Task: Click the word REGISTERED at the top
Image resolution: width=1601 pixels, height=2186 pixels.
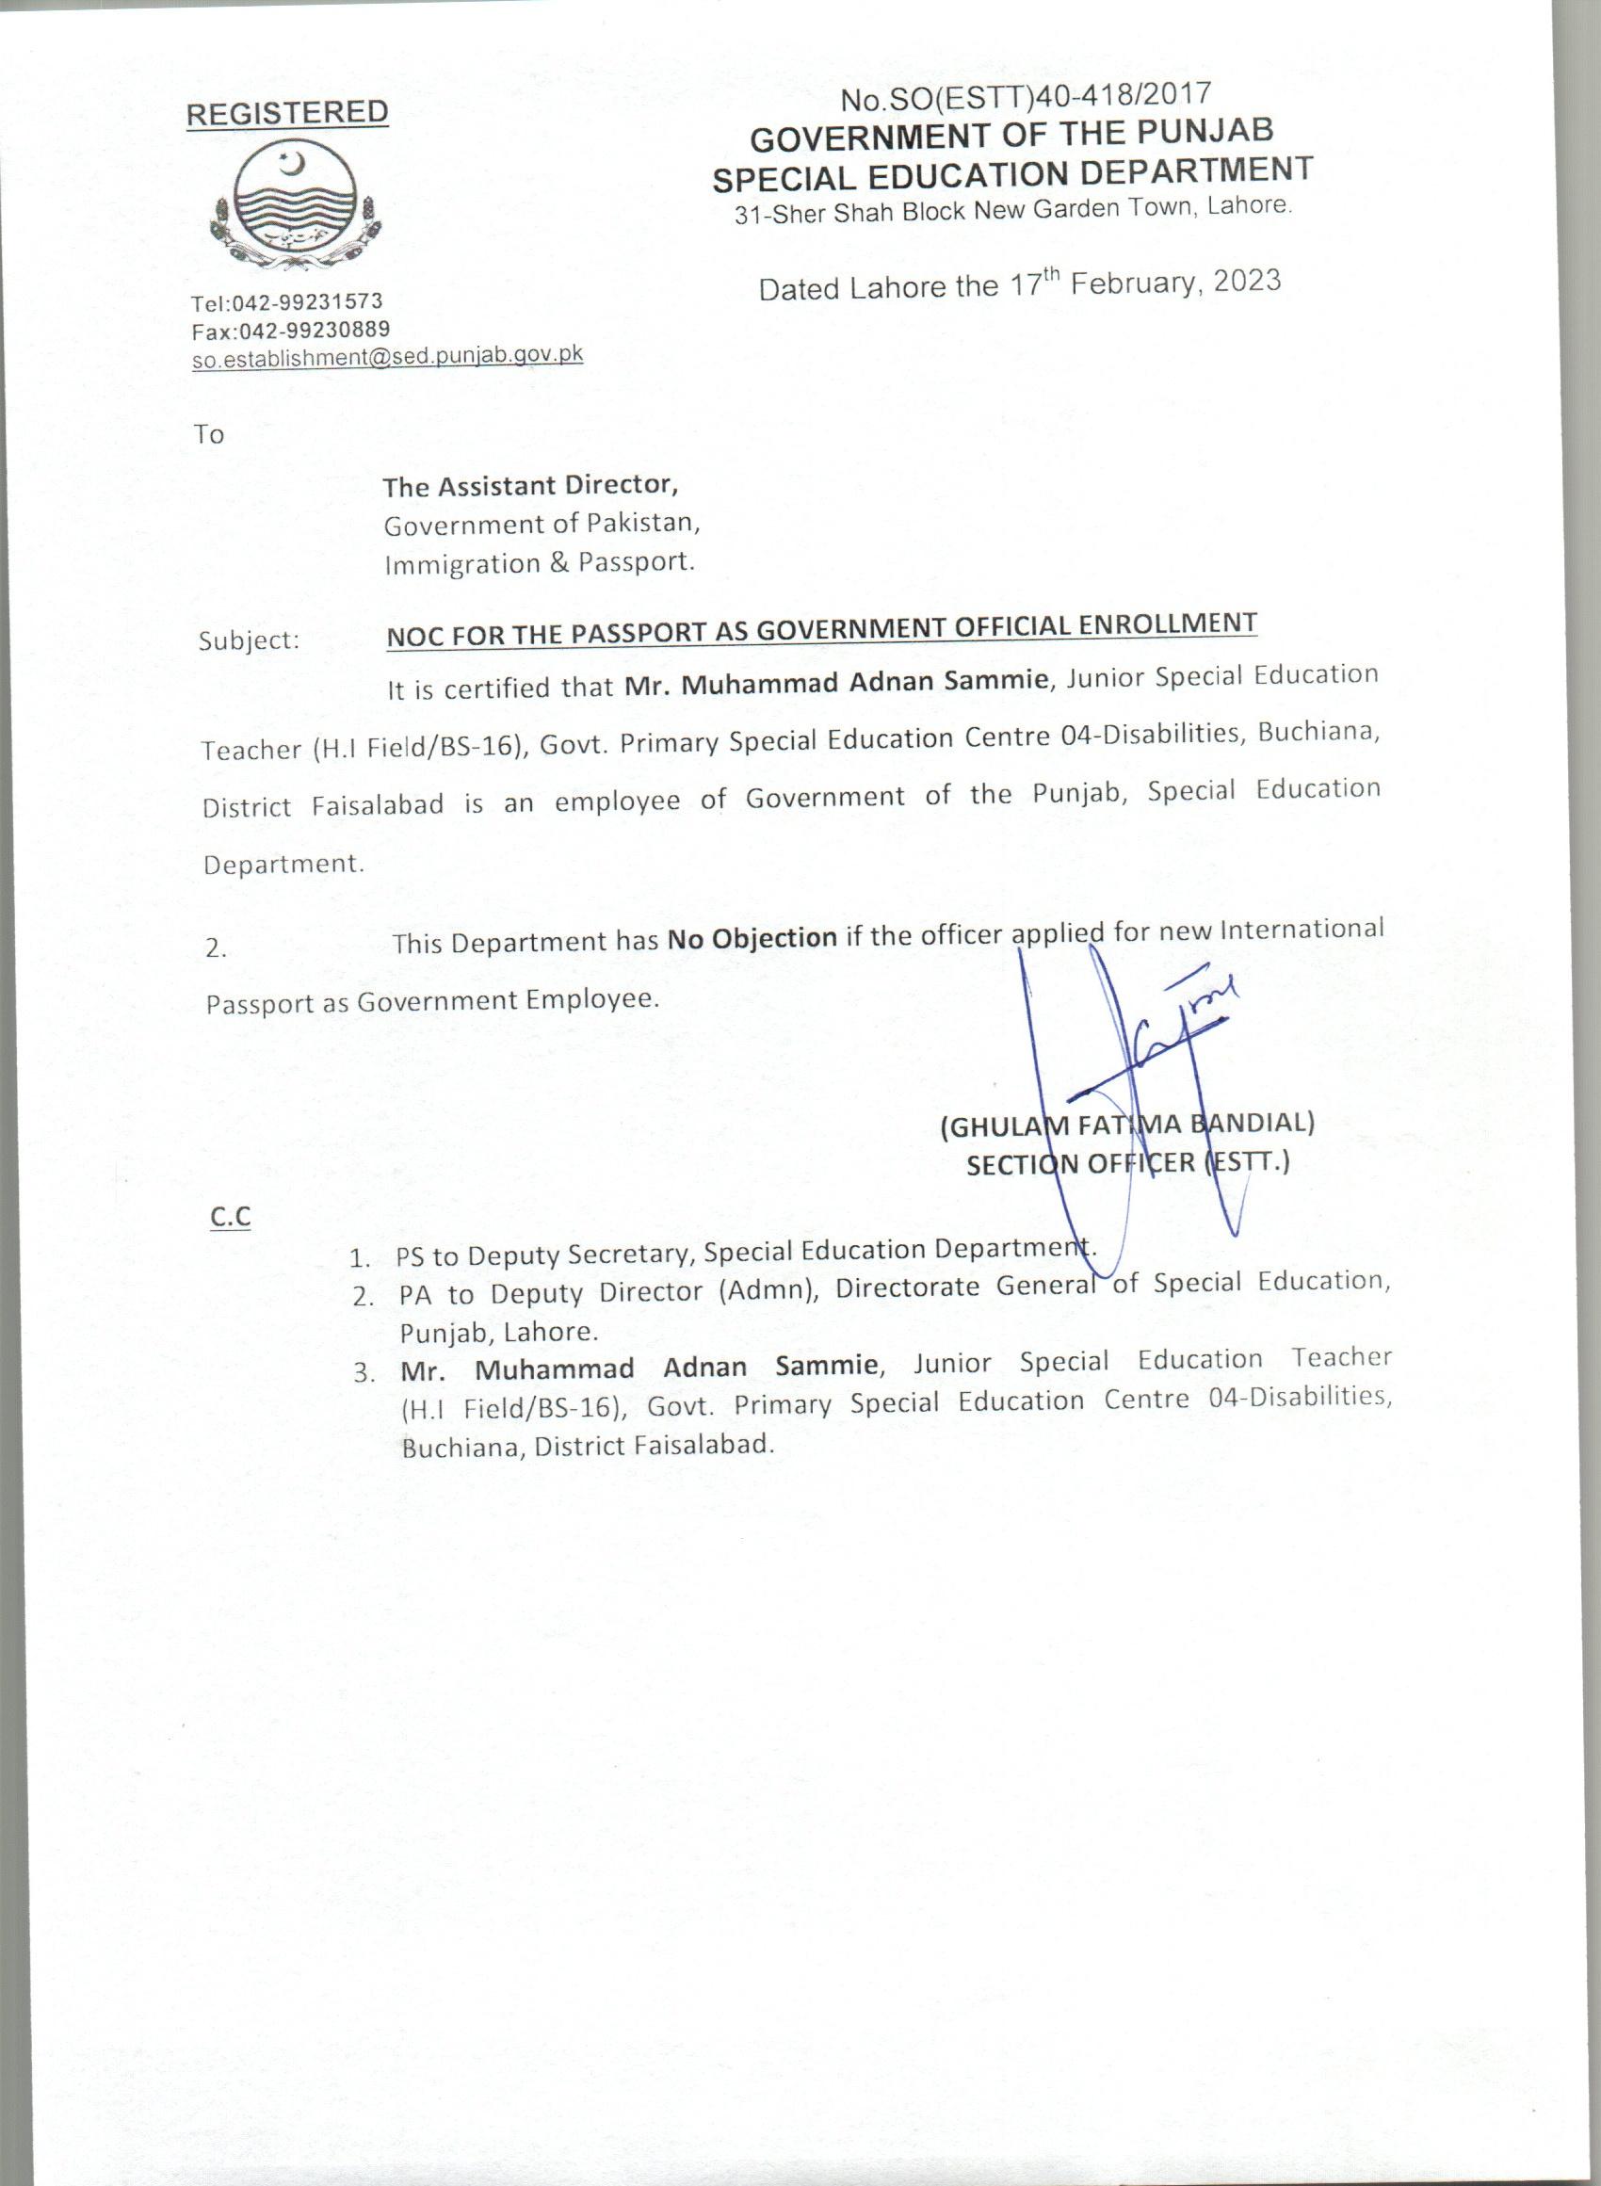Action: pos(287,113)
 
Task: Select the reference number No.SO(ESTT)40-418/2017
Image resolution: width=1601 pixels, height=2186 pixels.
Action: pos(1026,95)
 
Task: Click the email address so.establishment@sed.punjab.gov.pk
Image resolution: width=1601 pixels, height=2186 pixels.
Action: pos(387,357)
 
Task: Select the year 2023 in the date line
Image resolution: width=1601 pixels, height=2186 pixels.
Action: pos(1246,280)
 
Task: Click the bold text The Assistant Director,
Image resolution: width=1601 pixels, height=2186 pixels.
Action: pos(529,484)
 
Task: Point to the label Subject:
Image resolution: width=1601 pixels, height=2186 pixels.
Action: pos(249,640)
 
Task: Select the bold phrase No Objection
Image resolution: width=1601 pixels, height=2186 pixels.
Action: pos(752,938)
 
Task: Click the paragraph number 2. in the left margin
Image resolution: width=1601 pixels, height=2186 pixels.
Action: pos(216,948)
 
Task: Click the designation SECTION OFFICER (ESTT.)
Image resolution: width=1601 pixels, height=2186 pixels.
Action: pos(1127,1163)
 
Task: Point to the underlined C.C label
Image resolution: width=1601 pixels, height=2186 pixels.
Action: pos(230,1217)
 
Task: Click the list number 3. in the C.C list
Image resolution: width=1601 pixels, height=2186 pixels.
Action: pos(364,1373)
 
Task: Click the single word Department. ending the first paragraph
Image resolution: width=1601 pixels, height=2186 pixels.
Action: pos(283,865)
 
